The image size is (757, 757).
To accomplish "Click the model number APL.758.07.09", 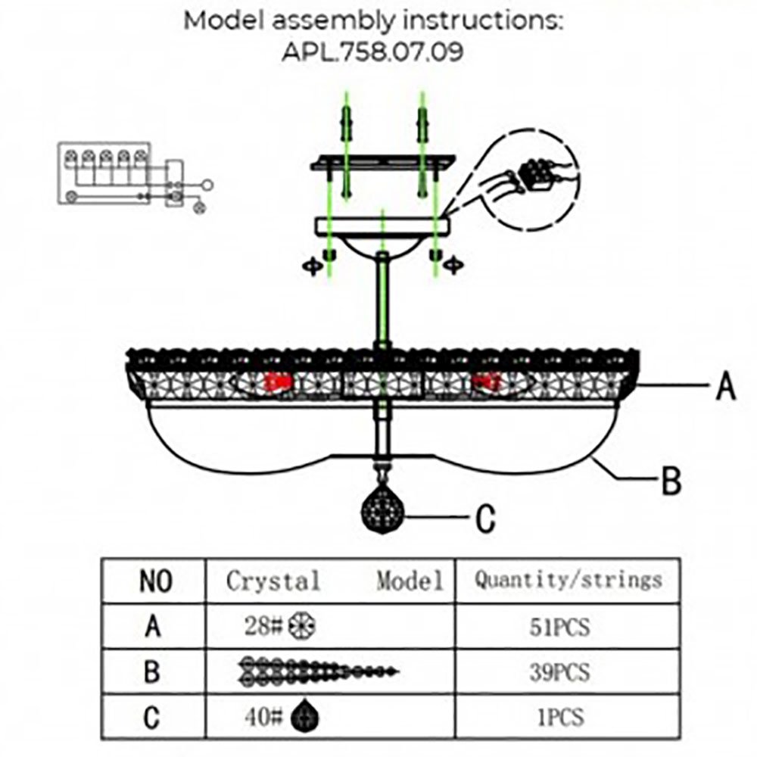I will click(374, 53).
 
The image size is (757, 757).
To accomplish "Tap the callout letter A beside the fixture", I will click(725, 387).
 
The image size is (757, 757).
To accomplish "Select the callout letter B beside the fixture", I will click(671, 481).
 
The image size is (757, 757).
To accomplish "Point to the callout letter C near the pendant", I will click(485, 519).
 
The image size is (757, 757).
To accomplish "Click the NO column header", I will click(155, 581).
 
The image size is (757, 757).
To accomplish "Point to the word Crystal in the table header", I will click(273, 581).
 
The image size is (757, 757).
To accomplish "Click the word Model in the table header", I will click(410, 581).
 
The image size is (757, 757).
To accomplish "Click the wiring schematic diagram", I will click(132, 175).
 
